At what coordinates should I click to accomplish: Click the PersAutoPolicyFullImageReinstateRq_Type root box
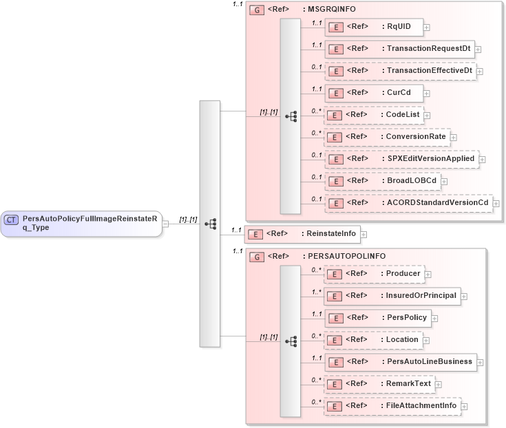pos(81,223)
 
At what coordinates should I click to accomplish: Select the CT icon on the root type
pos(11,220)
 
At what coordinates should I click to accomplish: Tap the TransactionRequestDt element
pos(399,50)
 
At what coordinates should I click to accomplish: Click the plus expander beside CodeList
pos(428,116)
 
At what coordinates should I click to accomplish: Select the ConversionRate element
pos(387,137)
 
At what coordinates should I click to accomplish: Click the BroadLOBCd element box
pos(381,181)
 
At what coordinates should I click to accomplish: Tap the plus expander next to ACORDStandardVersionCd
pos(496,204)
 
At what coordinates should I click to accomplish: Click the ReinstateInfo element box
pos(302,234)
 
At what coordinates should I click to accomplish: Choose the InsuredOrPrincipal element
pos(392,296)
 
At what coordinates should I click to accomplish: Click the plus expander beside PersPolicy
pos(434,319)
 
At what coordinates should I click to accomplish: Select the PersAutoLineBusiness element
pos(400,362)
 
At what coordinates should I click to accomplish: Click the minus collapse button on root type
pos(166,223)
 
